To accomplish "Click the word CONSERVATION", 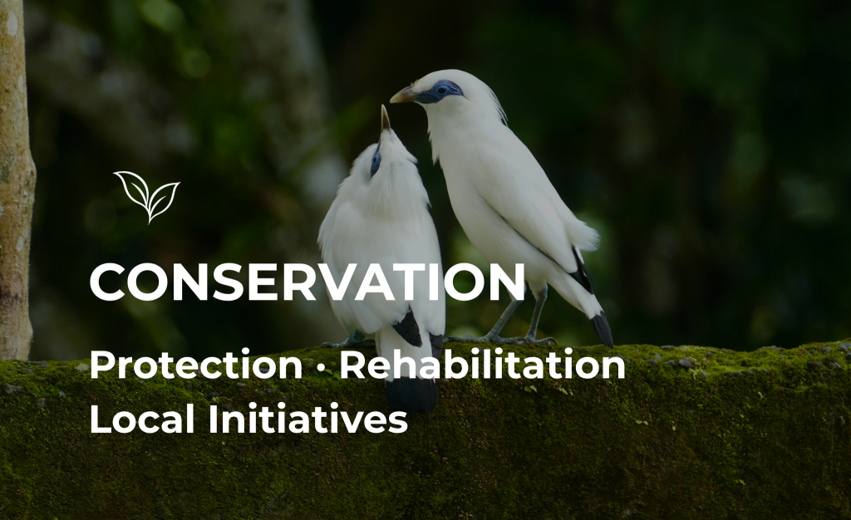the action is (x=307, y=282).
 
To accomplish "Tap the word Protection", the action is (x=196, y=365).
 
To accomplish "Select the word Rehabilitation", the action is (x=483, y=364).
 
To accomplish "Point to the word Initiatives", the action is (x=307, y=419).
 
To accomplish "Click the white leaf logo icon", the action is (x=147, y=196).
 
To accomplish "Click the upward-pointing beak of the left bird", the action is (x=385, y=118).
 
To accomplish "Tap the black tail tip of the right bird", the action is (x=602, y=329).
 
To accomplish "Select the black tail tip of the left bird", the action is (x=412, y=394).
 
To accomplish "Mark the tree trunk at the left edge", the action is (x=15, y=179).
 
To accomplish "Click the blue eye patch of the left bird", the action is (x=376, y=162).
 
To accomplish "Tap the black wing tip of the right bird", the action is (x=582, y=271).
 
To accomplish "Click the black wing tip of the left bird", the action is (x=409, y=327).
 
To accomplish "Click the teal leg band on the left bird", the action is (x=356, y=338).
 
